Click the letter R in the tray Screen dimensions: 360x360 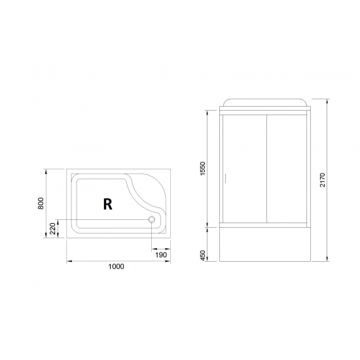pyautogui.click(x=107, y=204)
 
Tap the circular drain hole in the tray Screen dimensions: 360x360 pyautogui.click(x=153, y=220)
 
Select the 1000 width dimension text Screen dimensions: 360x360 pyautogui.click(x=116, y=266)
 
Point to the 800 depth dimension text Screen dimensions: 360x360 pyautogui.click(x=41, y=204)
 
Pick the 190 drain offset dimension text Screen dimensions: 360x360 pyautogui.click(x=160, y=256)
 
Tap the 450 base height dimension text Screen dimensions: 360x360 pyautogui.click(x=204, y=254)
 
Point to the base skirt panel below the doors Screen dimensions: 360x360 pyautogui.click(x=265, y=244)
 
